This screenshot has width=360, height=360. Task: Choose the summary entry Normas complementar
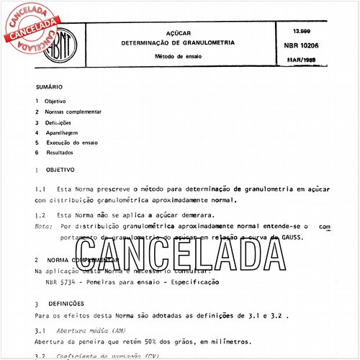coord(73,112)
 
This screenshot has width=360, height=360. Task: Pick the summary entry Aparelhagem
coord(63,133)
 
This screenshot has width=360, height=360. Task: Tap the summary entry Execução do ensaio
coord(71,143)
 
